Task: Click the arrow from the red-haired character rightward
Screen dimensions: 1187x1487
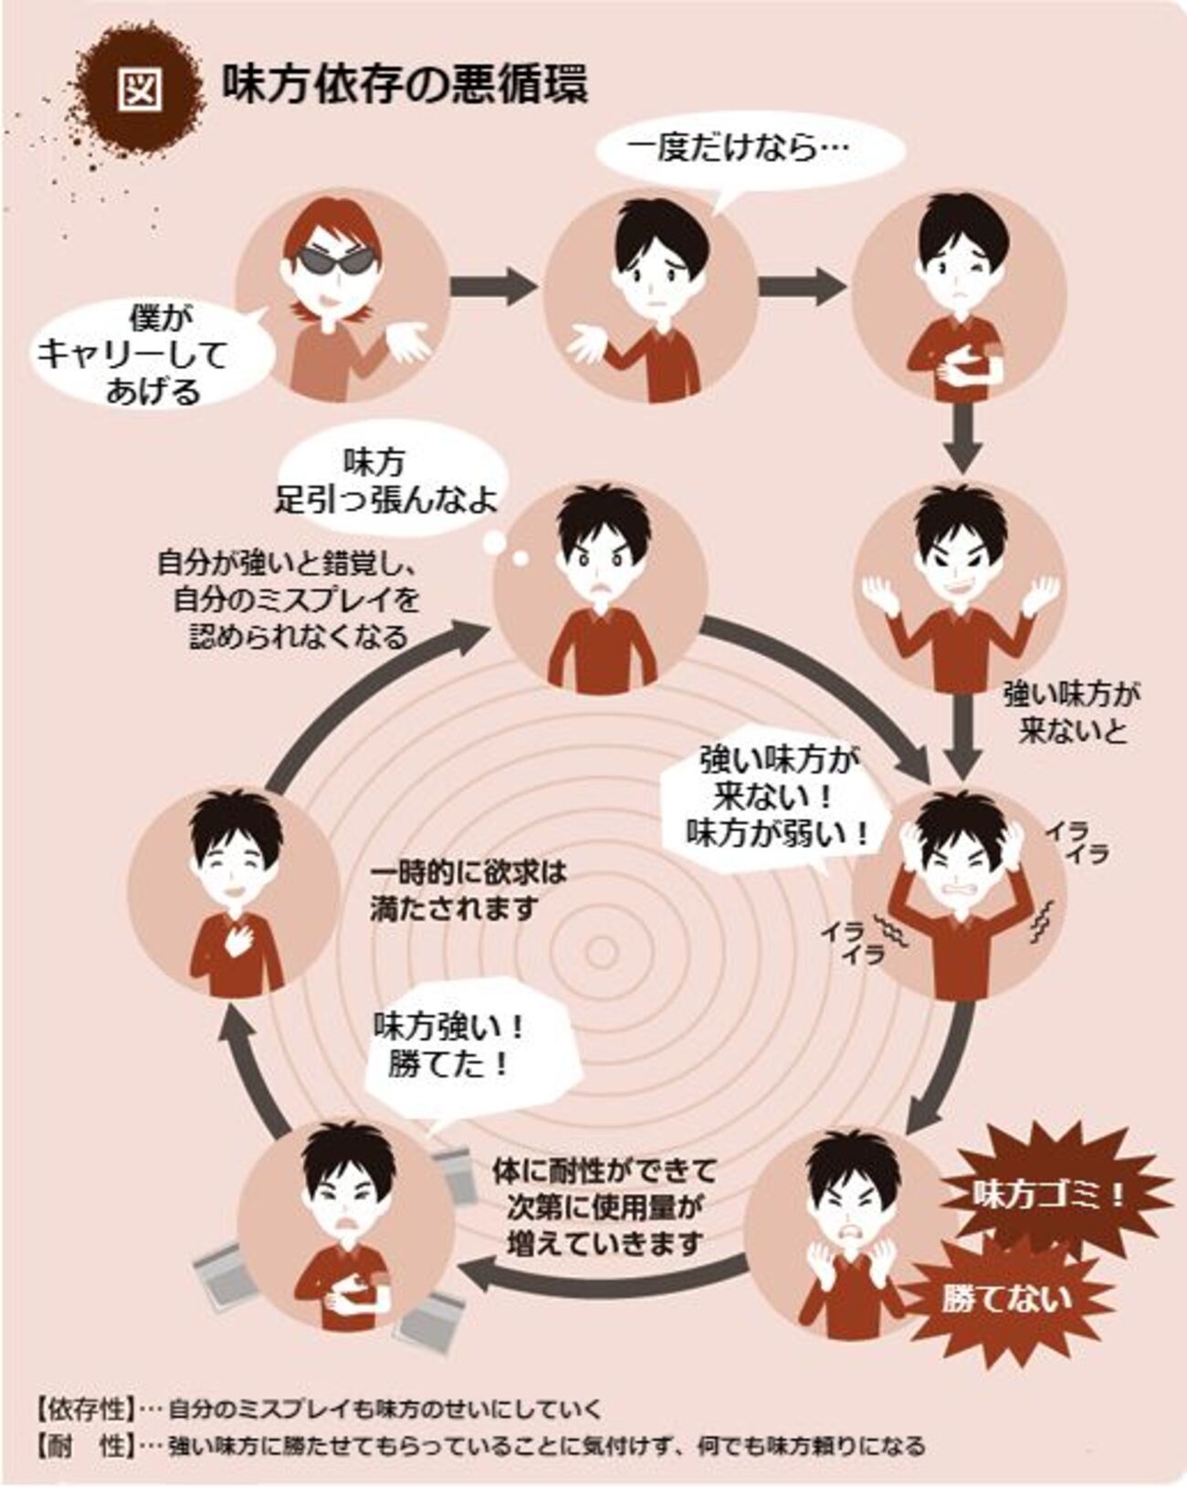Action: coord(493,285)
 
